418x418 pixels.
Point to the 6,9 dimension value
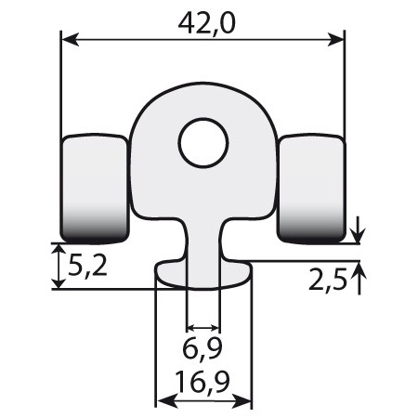click(203, 351)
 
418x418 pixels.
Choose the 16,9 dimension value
click(203, 381)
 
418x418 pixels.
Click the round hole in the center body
click(203, 143)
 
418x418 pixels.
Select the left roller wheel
click(95, 186)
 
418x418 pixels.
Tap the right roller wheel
click(312, 186)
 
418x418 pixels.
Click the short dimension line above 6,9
click(203, 328)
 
